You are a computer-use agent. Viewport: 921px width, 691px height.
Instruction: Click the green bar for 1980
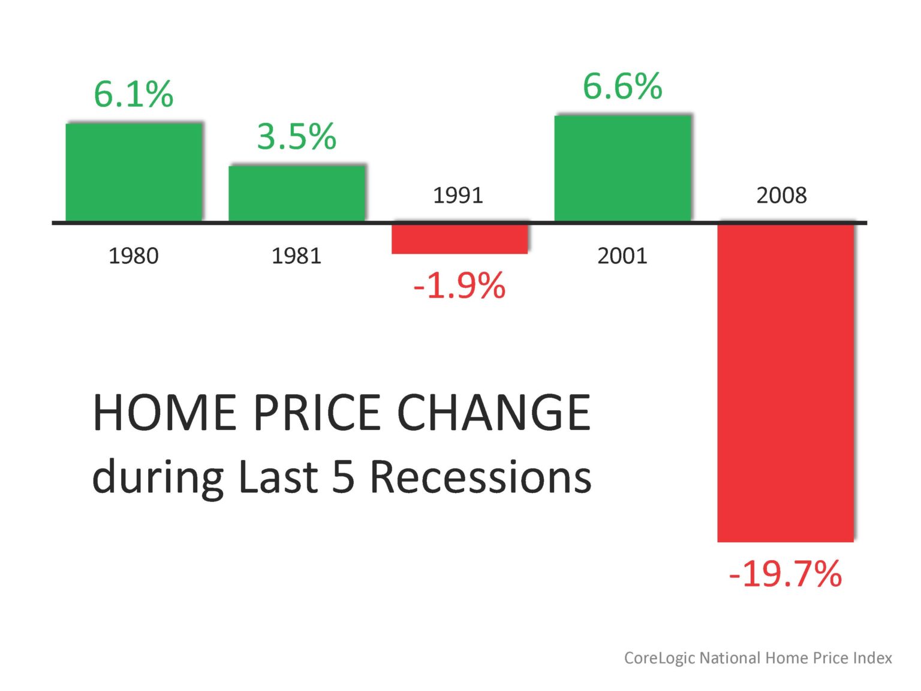coord(134,172)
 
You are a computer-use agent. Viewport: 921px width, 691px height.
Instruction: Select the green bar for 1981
coord(297,193)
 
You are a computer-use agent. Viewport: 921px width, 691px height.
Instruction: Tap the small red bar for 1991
coord(460,239)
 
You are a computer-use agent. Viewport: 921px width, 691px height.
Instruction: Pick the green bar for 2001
coord(622,168)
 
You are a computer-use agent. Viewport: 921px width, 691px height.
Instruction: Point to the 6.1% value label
coord(133,94)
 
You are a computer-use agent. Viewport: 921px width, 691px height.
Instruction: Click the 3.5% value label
coord(296,137)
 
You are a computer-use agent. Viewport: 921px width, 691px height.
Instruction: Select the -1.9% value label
coord(459,286)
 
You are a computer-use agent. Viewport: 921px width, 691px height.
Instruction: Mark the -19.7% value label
coord(785,574)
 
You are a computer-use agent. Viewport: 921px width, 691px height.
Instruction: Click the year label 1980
coord(133,256)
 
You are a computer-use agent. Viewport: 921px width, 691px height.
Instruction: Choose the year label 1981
coord(296,256)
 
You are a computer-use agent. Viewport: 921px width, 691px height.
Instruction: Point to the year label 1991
coord(458,196)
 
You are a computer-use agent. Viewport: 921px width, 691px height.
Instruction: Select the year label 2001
coord(622,256)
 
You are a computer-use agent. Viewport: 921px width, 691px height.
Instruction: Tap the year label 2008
coord(781,196)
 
